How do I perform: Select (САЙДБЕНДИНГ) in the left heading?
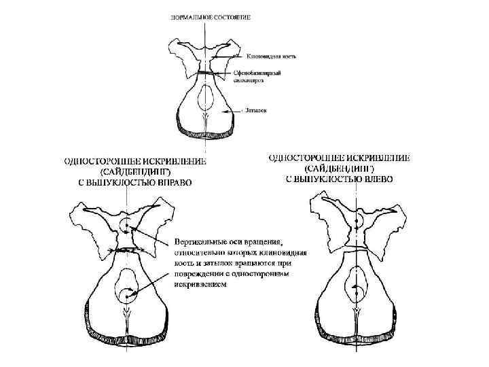[138, 172]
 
